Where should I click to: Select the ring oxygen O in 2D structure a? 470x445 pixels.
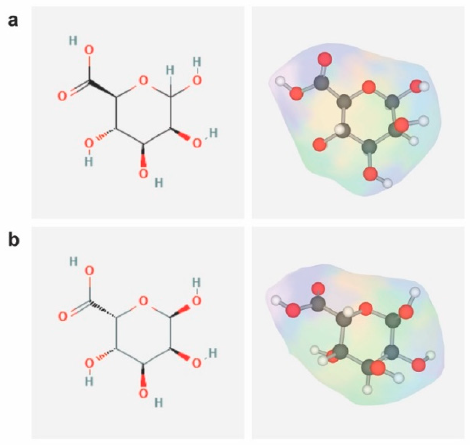(x=143, y=81)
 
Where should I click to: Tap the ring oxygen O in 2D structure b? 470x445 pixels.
(x=143, y=301)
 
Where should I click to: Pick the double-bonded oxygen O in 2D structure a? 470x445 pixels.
(x=62, y=96)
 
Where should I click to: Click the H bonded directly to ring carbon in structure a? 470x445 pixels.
(x=170, y=71)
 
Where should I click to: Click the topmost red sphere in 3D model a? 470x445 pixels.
(x=325, y=59)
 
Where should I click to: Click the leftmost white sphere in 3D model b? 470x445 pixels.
(x=276, y=300)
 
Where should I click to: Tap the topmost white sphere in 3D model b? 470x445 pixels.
(x=416, y=292)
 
